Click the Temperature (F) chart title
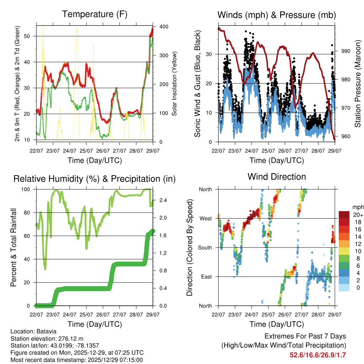click(95, 14)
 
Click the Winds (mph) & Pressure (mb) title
click(277, 15)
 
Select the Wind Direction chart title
click(277, 177)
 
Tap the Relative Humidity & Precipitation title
click(95, 179)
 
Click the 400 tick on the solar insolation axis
click(165, 27)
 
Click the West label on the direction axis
click(205, 218)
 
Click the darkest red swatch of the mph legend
click(344, 215)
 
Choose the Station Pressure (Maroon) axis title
click(358, 84)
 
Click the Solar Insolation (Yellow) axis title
click(175, 84)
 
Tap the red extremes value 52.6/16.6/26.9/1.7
click(318, 355)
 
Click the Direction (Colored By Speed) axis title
click(189, 247)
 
